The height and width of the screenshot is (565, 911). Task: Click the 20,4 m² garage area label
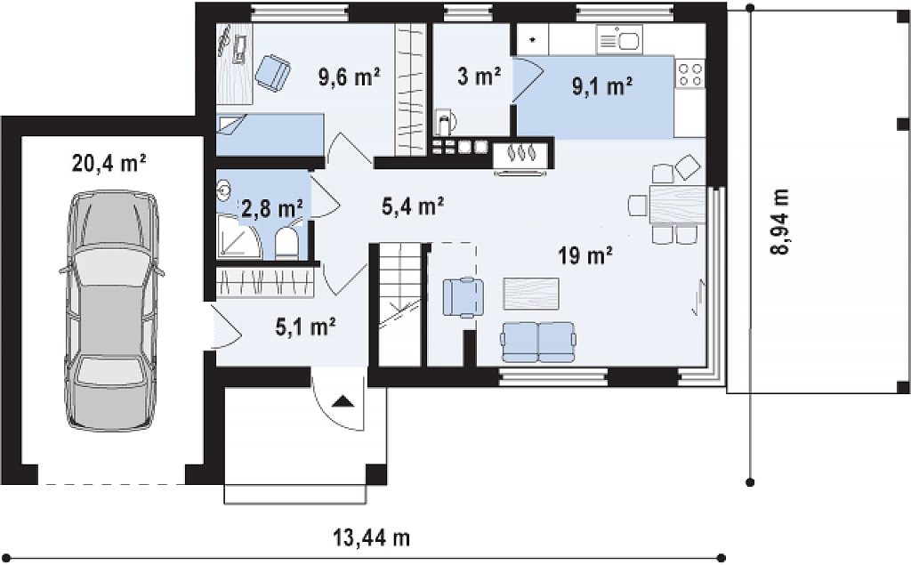pos(109,164)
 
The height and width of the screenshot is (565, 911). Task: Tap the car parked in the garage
pos(111,311)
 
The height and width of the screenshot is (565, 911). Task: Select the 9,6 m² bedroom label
pos(349,77)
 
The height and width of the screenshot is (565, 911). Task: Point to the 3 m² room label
pos(480,77)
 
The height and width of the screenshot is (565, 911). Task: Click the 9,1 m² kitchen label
pos(602,86)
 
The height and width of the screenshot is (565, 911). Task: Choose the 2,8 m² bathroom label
pos(272,207)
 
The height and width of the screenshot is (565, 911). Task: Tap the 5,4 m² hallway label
pos(413,206)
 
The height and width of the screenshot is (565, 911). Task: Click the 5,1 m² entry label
pos(306,327)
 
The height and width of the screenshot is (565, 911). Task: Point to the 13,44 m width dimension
pos(372,537)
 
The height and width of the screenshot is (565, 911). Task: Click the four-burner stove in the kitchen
pos(690,74)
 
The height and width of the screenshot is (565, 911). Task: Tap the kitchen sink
pos(618,40)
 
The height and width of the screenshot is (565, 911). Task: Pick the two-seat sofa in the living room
pos(539,341)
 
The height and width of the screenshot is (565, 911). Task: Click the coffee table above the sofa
pos(531,294)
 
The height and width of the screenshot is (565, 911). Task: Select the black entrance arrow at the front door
pos(343,401)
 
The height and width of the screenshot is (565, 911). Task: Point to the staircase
pos(399,304)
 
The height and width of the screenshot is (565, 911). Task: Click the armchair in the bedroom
pos(272,72)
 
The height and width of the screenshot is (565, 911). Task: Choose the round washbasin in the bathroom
pos(224,189)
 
